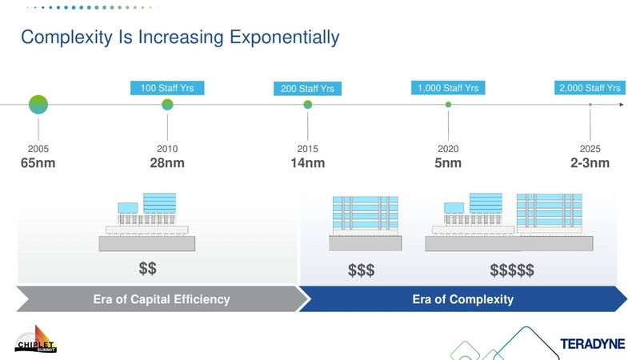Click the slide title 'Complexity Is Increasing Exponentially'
click(180, 37)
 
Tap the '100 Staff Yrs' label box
click(167, 88)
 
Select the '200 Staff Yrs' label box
click(307, 89)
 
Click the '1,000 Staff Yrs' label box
click(448, 88)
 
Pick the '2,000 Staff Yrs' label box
click(590, 88)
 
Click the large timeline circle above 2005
click(38, 104)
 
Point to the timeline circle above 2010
click(167, 104)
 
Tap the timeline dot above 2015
click(307, 104)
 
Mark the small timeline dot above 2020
click(448, 104)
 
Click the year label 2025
click(590, 149)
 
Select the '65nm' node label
click(38, 164)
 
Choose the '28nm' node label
click(167, 164)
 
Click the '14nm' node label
click(307, 164)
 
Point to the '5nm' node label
click(448, 164)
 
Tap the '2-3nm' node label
click(590, 164)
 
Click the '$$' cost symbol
click(147, 266)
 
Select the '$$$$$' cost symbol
click(512, 271)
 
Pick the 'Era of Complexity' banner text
click(462, 299)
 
